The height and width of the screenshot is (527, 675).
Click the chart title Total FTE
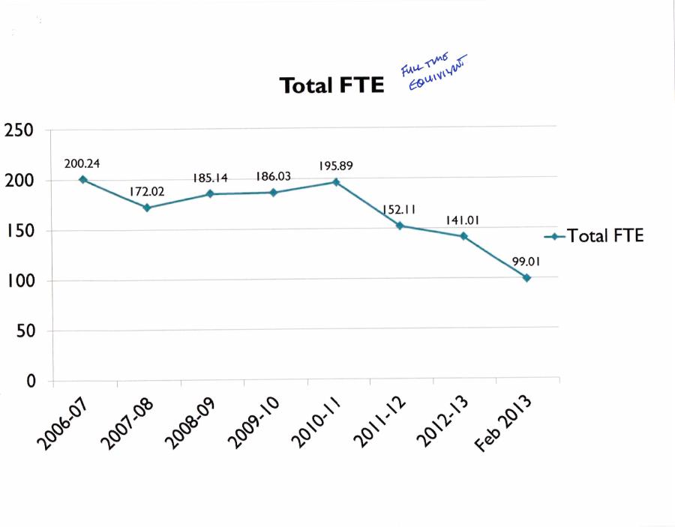tap(331, 85)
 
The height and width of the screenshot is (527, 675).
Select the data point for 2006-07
tap(82, 180)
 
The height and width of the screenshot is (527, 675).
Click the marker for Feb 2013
tap(526, 278)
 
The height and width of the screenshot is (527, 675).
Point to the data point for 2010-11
tap(336, 182)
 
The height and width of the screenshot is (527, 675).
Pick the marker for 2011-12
tap(400, 226)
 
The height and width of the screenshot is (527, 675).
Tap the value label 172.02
tap(146, 191)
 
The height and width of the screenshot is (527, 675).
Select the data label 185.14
tap(210, 178)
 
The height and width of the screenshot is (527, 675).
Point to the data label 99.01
tap(527, 262)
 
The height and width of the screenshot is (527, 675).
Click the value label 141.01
tap(463, 220)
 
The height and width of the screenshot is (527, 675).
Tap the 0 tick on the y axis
tap(31, 382)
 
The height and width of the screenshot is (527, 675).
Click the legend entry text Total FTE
tap(605, 235)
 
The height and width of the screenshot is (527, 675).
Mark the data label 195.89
tap(336, 165)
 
